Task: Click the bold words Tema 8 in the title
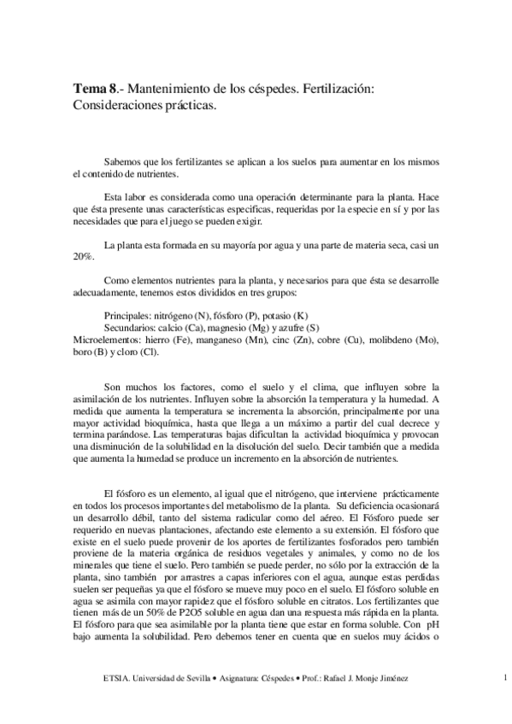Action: (x=96, y=90)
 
